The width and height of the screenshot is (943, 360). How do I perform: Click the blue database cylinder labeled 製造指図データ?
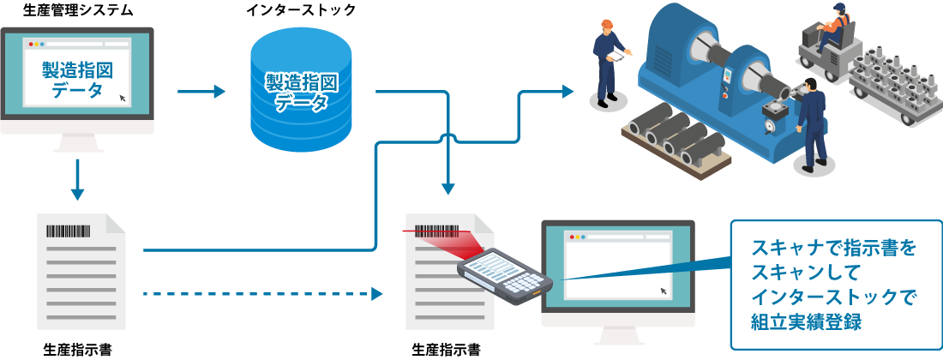click(x=300, y=93)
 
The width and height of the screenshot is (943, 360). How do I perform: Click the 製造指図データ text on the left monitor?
click(x=76, y=80)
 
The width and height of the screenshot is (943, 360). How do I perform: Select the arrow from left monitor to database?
click(x=201, y=91)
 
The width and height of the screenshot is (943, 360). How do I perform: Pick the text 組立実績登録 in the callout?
click(x=805, y=321)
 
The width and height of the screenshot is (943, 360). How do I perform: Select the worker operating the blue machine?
click(x=811, y=124)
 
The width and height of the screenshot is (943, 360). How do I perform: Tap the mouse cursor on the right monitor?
click(x=664, y=291)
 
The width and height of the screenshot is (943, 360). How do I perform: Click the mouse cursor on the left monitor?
click(x=123, y=98)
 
